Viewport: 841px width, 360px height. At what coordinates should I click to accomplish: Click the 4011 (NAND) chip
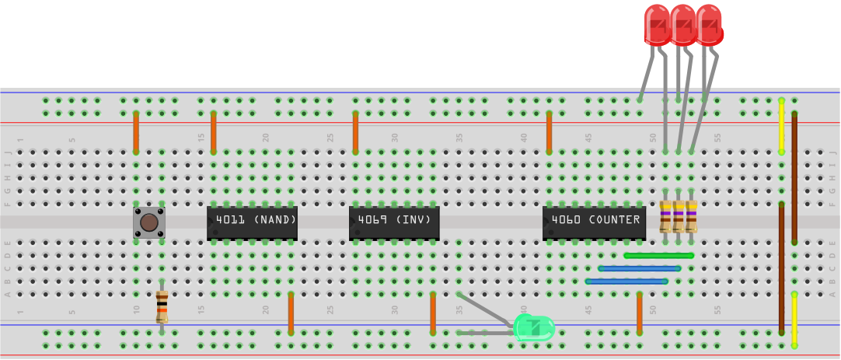click(x=252, y=222)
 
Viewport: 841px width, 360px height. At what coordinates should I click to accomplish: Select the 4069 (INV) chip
click(x=394, y=222)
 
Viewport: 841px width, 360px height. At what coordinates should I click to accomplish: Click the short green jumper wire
click(x=658, y=255)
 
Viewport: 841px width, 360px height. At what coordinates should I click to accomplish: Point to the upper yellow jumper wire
click(x=781, y=126)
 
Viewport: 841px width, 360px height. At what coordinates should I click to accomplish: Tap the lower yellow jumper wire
click(x=794, y=320)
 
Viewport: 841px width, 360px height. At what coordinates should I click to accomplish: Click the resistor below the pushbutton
click(x=162, y=306)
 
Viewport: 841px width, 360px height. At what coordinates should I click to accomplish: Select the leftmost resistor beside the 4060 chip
click(x=665, y=216)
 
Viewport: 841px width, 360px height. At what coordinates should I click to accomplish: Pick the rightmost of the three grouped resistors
click(x=691, y=216)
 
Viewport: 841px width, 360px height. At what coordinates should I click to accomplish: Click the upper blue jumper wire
click(x=640, y=268)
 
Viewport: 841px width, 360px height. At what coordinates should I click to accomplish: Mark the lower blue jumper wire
click(x=626, y=281)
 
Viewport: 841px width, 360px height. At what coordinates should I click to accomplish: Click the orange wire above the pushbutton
click(x=136, y=132)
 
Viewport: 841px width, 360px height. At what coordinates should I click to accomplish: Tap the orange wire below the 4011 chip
click(x=291, y=313)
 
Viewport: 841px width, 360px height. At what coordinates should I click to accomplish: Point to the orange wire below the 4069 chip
click(x=433, y=313)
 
